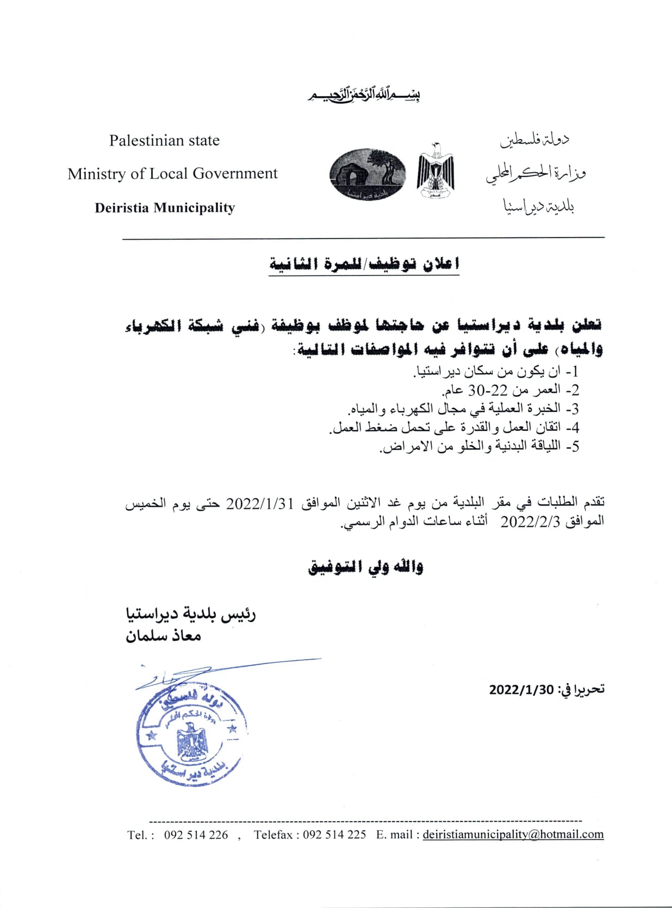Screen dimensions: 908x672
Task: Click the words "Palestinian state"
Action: point(164,141)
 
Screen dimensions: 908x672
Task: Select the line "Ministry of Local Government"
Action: point(172,174)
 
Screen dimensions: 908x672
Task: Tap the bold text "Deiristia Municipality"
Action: point(165,208)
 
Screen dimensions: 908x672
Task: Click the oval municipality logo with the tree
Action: point(368,174)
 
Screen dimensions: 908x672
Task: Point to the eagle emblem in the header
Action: point(435,171)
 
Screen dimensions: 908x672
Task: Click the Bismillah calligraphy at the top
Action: point(364,96)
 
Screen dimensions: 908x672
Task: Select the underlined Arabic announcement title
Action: point(364,265)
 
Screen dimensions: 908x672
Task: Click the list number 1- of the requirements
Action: point(573,372)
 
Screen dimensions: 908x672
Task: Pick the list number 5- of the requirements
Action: point(573,447)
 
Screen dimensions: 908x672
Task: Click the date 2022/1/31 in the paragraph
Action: point(259,503)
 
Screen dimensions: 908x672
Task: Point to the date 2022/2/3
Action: point(530,522)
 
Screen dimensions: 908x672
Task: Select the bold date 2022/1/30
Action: point(521,690)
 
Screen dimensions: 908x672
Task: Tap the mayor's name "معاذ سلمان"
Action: point(164,635)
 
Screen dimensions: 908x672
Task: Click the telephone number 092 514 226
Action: point(196,835)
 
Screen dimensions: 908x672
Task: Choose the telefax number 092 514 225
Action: point(334,835)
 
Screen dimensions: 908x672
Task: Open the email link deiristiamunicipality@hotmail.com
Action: point(513,835)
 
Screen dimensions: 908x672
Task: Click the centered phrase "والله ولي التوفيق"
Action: point(365,567)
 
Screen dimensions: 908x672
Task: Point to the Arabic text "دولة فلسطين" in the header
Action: point(535,140)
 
